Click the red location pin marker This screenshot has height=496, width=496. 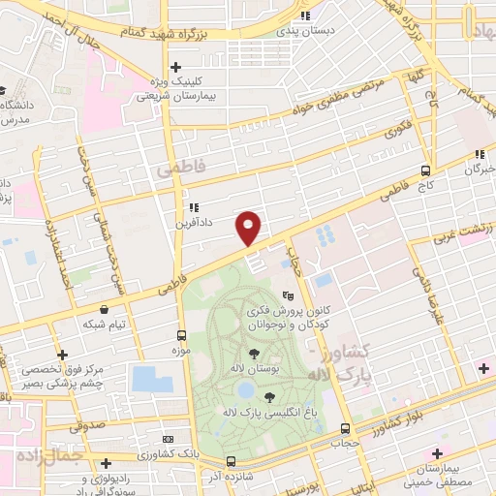(x=249, y=227)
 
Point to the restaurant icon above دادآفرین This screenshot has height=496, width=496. (x=194, y=207)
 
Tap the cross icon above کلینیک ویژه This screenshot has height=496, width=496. (x=174, y=67)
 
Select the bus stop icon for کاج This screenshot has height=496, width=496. (x=426, y=170)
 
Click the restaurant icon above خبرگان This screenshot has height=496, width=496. (x=480, y=154)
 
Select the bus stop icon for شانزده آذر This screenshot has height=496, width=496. (x=231, y=461)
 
